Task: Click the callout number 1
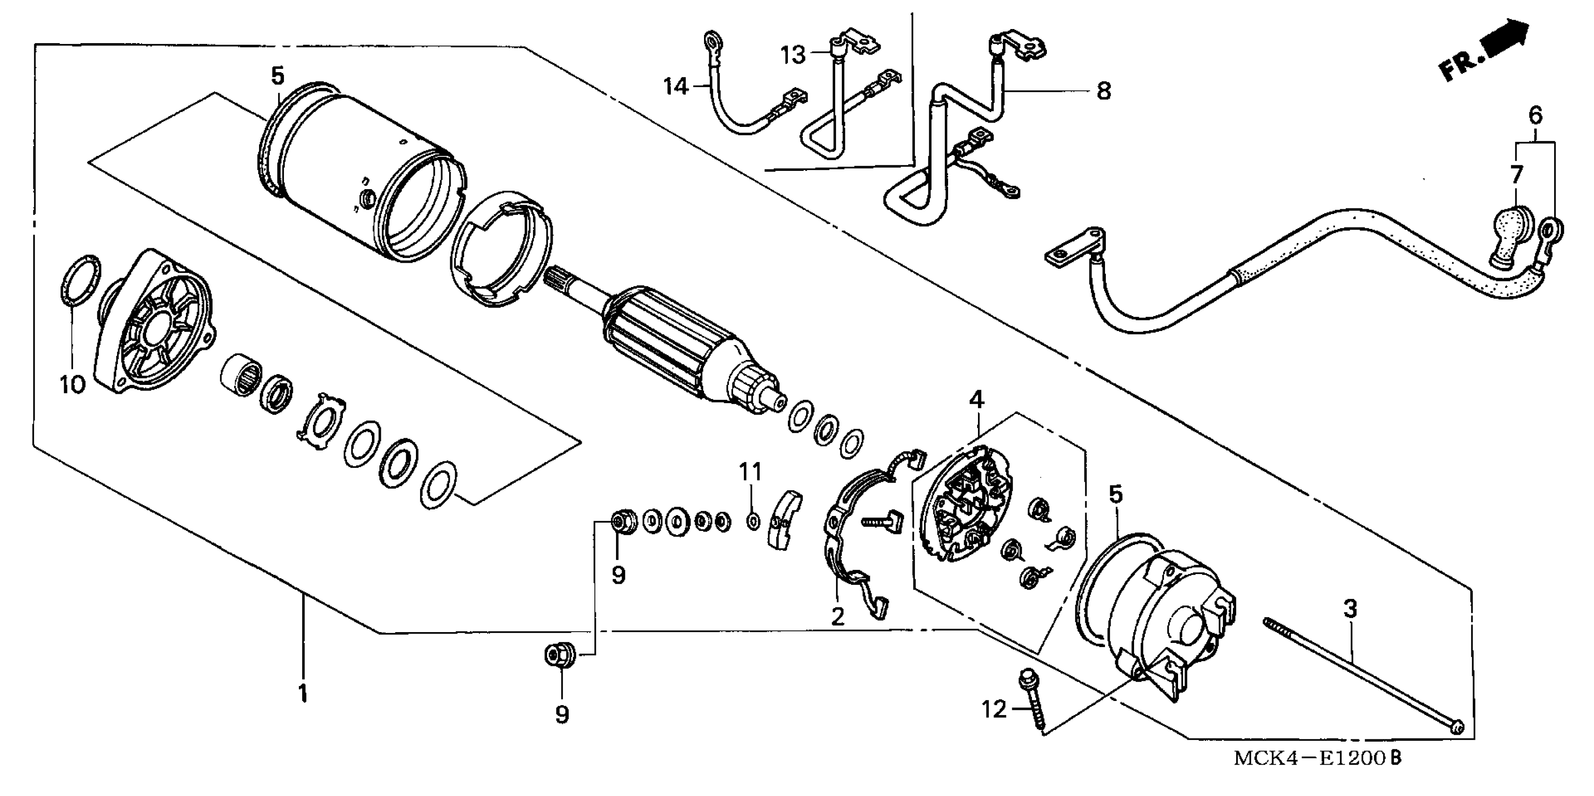tap(303, 693)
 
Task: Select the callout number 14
tap(676, 87)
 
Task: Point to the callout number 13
tap(793, 55)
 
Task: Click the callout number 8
tap(1103, 91)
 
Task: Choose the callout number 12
tap(994, 709)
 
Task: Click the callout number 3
tap(1350, 609)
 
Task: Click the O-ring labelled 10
tap(81, 280)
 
